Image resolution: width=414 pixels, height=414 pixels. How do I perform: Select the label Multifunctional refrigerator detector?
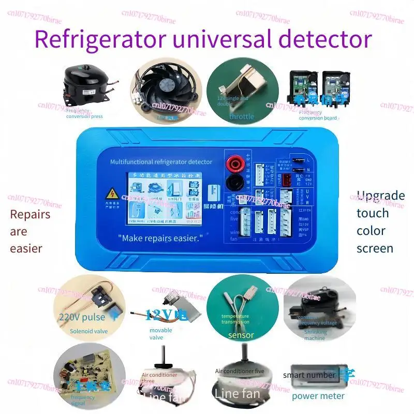pos(161,162)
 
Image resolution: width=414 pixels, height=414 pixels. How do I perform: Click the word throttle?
pos(242,116)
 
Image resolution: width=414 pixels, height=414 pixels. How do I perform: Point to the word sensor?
pos(241,335)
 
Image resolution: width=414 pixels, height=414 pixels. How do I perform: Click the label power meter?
pos(318,396)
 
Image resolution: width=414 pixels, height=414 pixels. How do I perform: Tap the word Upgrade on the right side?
pos(380,196)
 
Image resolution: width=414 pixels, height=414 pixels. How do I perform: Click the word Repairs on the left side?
pos(30,214)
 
